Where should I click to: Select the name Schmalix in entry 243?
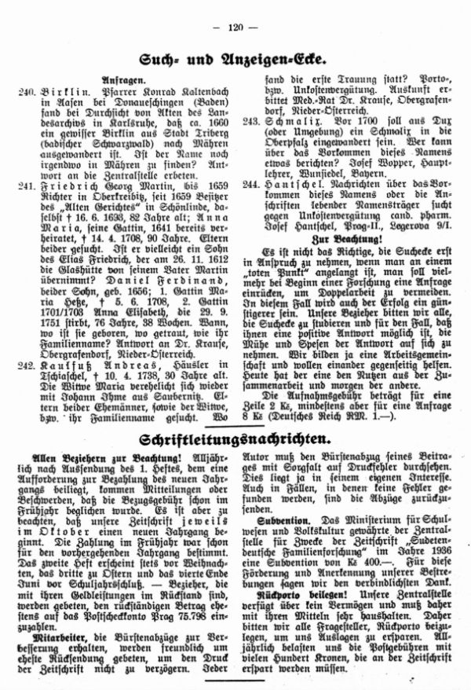point(290,123)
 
